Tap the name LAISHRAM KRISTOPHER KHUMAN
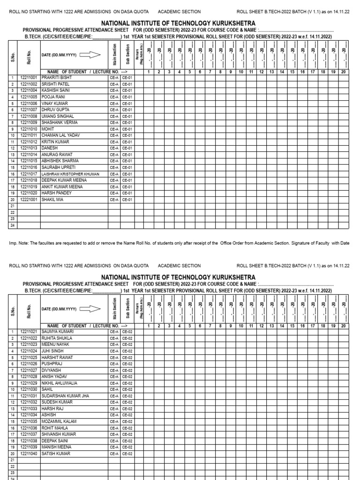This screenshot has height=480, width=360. (70, 174)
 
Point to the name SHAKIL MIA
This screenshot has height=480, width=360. (52, 199)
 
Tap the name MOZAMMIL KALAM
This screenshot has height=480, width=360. (59, 422)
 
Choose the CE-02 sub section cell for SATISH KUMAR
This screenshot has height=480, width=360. (127, 454)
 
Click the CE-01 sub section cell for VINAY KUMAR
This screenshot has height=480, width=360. (127, 103)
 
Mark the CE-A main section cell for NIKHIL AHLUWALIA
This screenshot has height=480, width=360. (114, 383)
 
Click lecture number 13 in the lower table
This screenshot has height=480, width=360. (271, 326)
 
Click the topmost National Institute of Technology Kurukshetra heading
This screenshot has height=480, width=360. (178, 23)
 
